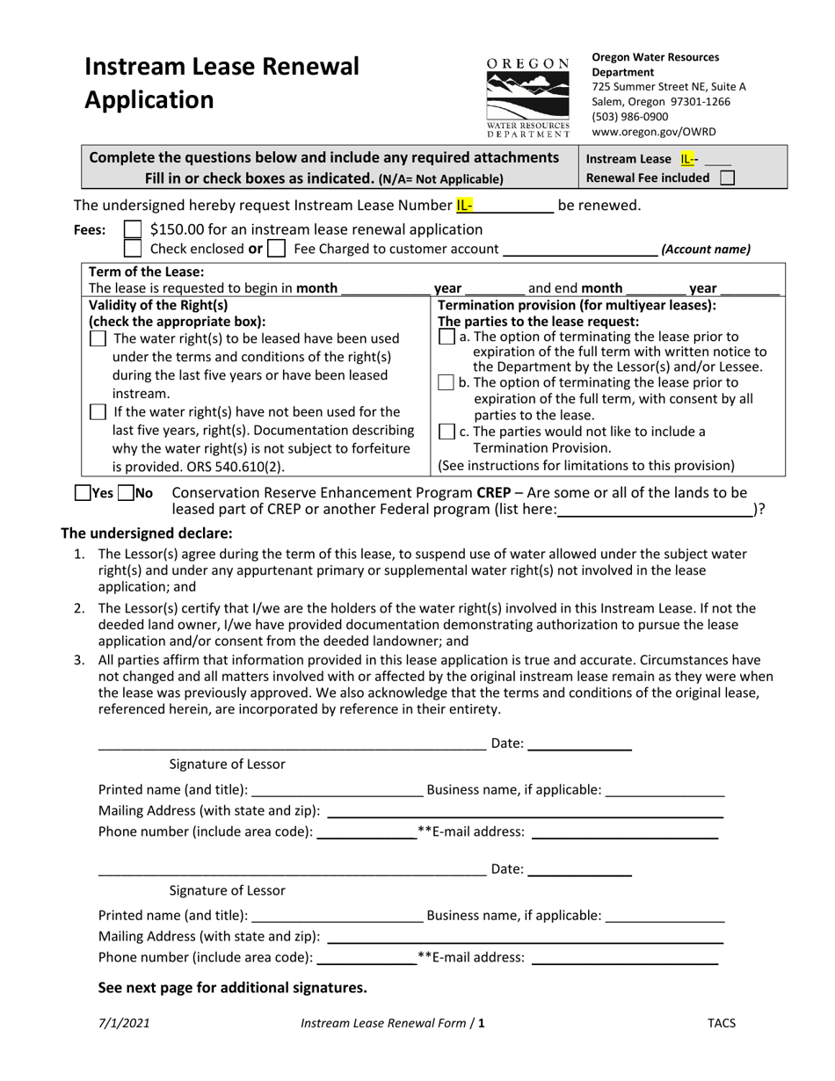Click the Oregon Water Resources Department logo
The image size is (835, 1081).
coord(528,97)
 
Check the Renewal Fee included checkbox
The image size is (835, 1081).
coord(727,178)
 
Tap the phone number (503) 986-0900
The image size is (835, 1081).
coord(629,117)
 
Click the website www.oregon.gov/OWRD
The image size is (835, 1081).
coord(654,132)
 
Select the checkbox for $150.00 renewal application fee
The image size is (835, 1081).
coord(132,229)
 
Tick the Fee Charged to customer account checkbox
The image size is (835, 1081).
coord(276,249)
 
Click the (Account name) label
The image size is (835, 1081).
coord(706,250)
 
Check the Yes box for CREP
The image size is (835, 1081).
coord(83,494)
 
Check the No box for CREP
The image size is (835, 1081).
coord(125,494)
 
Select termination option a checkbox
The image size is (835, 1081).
coord(447,337)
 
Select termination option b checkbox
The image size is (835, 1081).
coord(447,383)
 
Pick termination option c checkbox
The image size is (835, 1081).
coord(447,432)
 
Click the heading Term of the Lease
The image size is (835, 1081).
coord(147,272)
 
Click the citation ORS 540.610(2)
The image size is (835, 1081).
coord(228,467)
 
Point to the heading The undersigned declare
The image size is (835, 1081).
coord(147,533)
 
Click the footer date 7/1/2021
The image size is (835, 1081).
coord(118,1023)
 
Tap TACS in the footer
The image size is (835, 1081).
coord(722,1023)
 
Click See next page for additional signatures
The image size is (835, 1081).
coord(232,987)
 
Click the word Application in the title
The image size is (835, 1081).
coord(149,100)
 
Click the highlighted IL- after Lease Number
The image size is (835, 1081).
coord(464,206)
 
